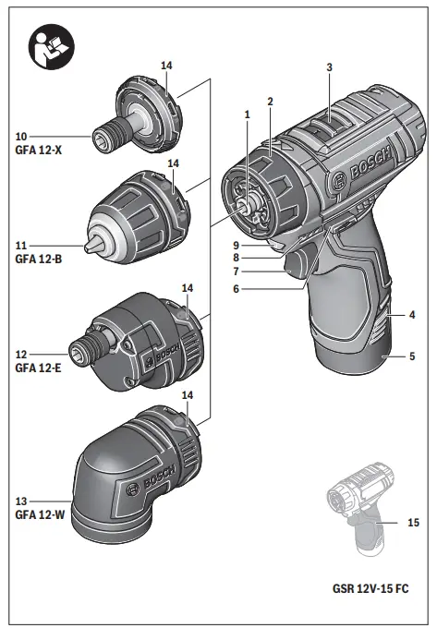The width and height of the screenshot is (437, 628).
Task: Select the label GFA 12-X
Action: [36, 150]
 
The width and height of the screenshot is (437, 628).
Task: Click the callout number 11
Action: [19, 247]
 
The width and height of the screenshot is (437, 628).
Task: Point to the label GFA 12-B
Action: [36, 260]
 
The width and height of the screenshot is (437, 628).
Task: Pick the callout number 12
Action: [19, 354]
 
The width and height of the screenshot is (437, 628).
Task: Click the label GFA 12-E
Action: [36, 368]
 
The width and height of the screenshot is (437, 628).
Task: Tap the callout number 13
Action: [19, 501]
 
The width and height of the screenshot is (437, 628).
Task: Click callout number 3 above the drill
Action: [328, 67]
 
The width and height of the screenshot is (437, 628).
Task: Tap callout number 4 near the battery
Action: [413, 315]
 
